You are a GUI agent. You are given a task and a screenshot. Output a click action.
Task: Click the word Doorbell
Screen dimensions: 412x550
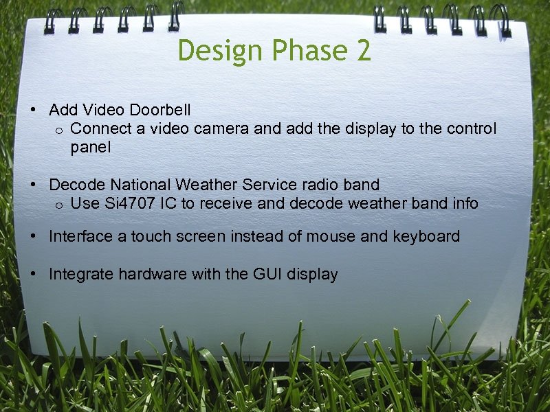coord(160,110)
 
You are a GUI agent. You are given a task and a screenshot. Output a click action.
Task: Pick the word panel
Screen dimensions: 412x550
coord(90,148)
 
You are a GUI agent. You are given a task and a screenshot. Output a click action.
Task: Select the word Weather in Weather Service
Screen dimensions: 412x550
coord(206,185)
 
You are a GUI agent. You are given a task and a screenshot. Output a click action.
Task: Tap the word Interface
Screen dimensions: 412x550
coord(78,237)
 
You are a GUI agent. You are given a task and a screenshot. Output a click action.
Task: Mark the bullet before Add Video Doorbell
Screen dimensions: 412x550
coord(33,111)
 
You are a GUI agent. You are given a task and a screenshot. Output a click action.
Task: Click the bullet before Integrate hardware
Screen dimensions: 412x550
coord(33,275)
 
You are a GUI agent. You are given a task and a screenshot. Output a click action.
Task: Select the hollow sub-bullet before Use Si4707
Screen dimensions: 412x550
coord(60,205)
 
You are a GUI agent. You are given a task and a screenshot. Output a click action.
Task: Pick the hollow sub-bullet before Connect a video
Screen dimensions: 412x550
coord(60,130)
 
